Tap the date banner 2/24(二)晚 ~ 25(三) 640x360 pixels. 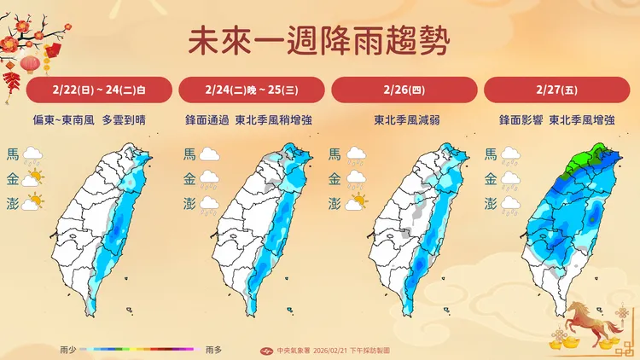pyautogui.click(x=251, y=90)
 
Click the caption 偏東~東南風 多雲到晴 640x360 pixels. pyautogui.click(x=100, y=120)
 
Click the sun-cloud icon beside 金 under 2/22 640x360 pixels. pyautogui.click(x=34, y=179)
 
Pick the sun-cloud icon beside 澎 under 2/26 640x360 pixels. pyautogui.click(x=358, y=203)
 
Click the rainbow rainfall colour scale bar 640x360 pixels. pyautogui.click(x=141, y=349)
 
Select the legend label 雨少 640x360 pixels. pyautogui.click(x=70, y=349)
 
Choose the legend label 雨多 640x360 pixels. pyautogui.click(x=214, y=349)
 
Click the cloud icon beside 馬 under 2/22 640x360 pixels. pyautogui.click(x=34, y=154)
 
